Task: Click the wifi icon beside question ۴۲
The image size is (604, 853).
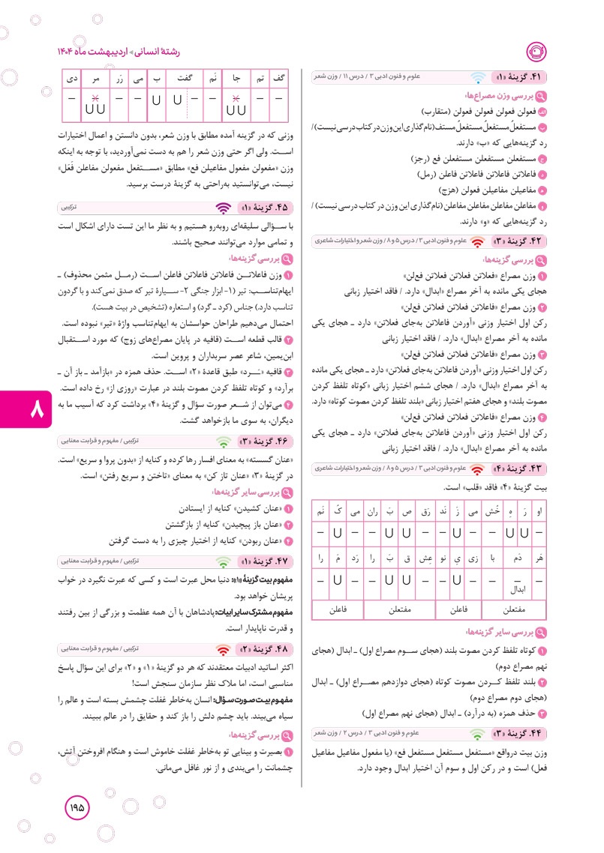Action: pos(477,241)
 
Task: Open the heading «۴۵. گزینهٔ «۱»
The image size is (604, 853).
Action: pos(262,207)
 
